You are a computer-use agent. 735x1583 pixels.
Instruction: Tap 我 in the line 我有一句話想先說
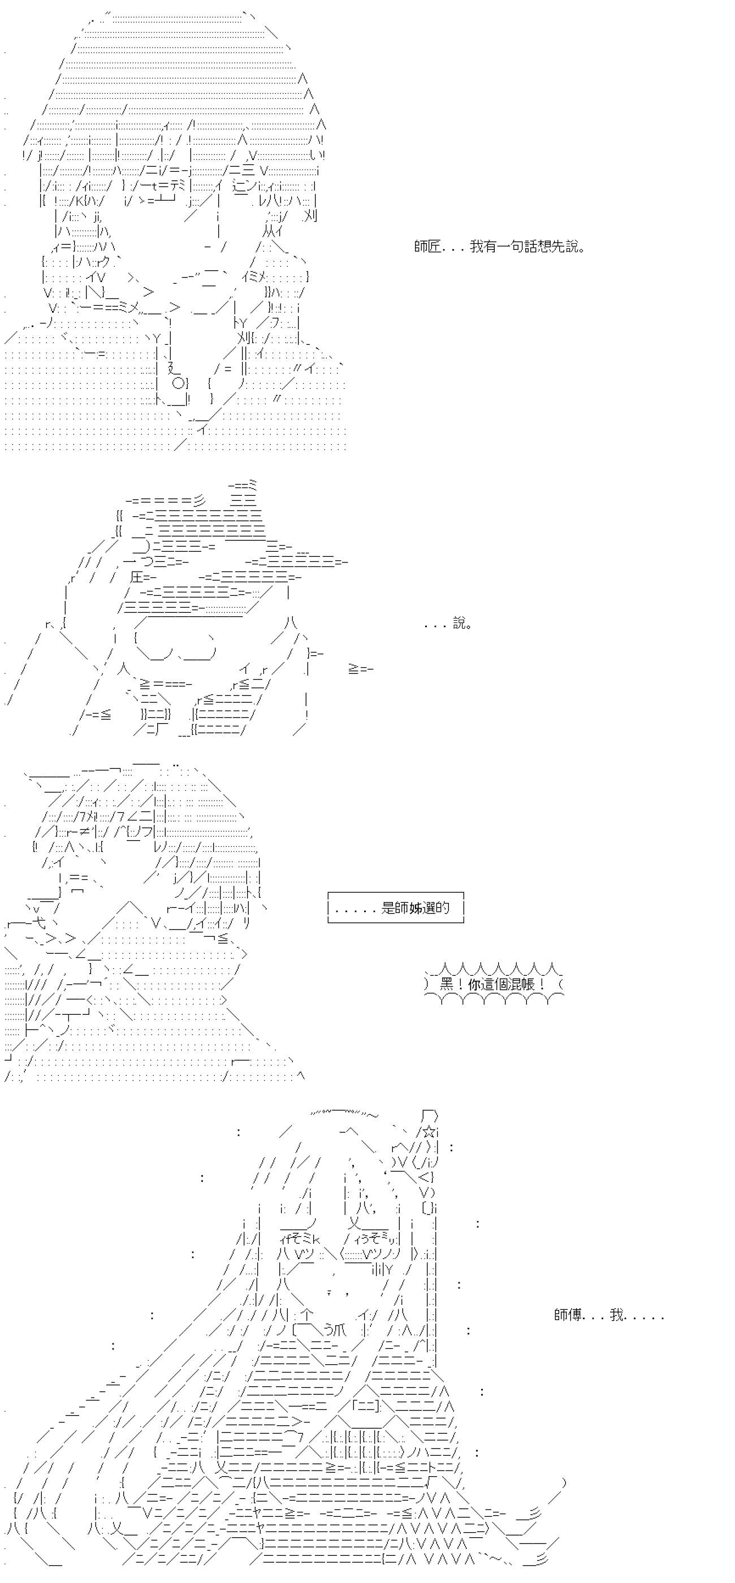click(477, 247)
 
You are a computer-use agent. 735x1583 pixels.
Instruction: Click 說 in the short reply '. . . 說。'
click(460, 624)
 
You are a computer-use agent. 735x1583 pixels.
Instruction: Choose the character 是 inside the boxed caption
click(388, 907)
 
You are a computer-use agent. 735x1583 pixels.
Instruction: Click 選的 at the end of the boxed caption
click(436, 907)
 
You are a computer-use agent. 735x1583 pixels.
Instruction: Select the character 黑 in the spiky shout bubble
click(447, 984)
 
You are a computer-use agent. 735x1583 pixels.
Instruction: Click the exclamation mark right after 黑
click(460, 984)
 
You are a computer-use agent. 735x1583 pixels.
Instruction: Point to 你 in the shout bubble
click(474, 984)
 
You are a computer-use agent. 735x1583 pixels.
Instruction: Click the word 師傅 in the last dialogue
click(568, 1315)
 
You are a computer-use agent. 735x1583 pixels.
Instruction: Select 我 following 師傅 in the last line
click(617, 1315)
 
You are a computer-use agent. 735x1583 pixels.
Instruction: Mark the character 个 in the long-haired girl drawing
click(307, 1315)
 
